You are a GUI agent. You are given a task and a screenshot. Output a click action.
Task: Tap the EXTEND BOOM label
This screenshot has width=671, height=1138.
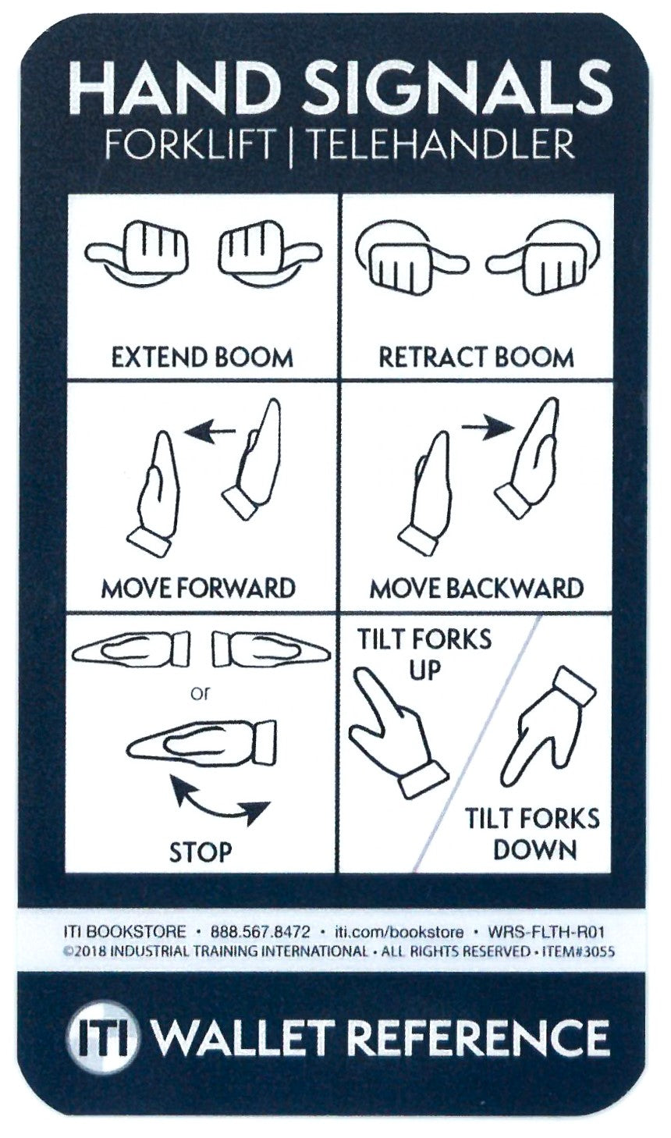[x=202, y=357]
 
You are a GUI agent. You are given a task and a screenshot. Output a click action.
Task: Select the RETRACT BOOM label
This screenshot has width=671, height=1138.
[x=476, y=357]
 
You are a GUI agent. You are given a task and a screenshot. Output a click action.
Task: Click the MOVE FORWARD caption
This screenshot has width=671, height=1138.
[x=199, y=587]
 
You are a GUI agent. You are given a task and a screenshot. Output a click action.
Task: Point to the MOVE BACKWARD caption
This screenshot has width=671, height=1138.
[x=476, y=587]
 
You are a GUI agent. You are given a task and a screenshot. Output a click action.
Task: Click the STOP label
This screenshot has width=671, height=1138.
[x=201, y=851]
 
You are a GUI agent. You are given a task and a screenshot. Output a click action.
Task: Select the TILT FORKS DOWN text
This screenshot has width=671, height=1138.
[x=533, y=834]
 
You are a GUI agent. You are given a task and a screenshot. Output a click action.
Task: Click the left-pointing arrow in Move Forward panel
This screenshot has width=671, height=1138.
[x=213, y=429]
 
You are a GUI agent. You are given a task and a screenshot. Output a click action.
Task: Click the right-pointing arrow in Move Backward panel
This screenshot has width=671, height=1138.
[x=488, y=426]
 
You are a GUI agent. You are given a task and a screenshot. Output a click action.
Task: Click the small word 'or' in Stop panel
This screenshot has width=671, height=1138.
[x=201, y=692]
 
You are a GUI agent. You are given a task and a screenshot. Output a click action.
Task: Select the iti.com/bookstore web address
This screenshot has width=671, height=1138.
[x=398, y=932]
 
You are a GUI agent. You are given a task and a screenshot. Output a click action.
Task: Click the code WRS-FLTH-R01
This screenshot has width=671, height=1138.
[x=546, y=932]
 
